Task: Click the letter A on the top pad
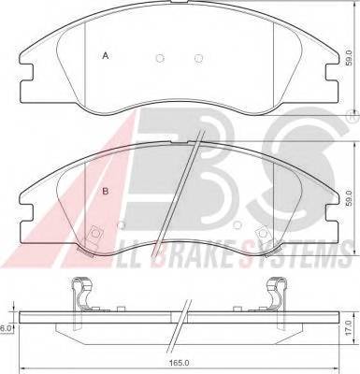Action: pos(106,57)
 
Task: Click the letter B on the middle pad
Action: pos(106,192)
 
